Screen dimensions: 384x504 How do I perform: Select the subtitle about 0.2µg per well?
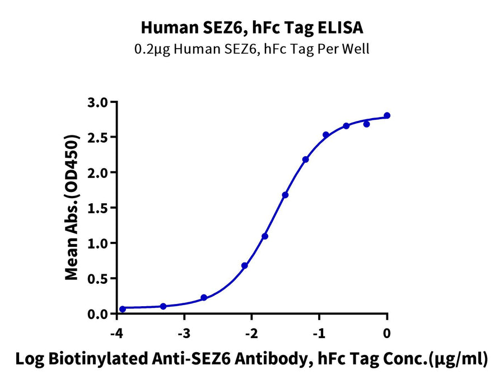251,49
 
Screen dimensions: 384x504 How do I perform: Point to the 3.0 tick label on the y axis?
99,102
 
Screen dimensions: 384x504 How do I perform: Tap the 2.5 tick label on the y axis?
99,137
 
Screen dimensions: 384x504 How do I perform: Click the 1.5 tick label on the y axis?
99,208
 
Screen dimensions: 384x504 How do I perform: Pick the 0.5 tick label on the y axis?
99,278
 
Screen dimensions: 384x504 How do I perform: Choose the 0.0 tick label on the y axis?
99,313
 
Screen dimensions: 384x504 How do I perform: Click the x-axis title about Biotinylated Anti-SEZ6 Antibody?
251,359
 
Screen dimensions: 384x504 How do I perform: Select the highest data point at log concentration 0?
387,115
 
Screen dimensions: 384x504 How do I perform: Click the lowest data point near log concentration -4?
123,309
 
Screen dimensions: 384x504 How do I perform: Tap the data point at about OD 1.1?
265,236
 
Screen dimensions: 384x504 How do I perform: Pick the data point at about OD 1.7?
285,195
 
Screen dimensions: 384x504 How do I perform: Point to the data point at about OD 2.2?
306,160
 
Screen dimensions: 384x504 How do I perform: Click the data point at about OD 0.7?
245,265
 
